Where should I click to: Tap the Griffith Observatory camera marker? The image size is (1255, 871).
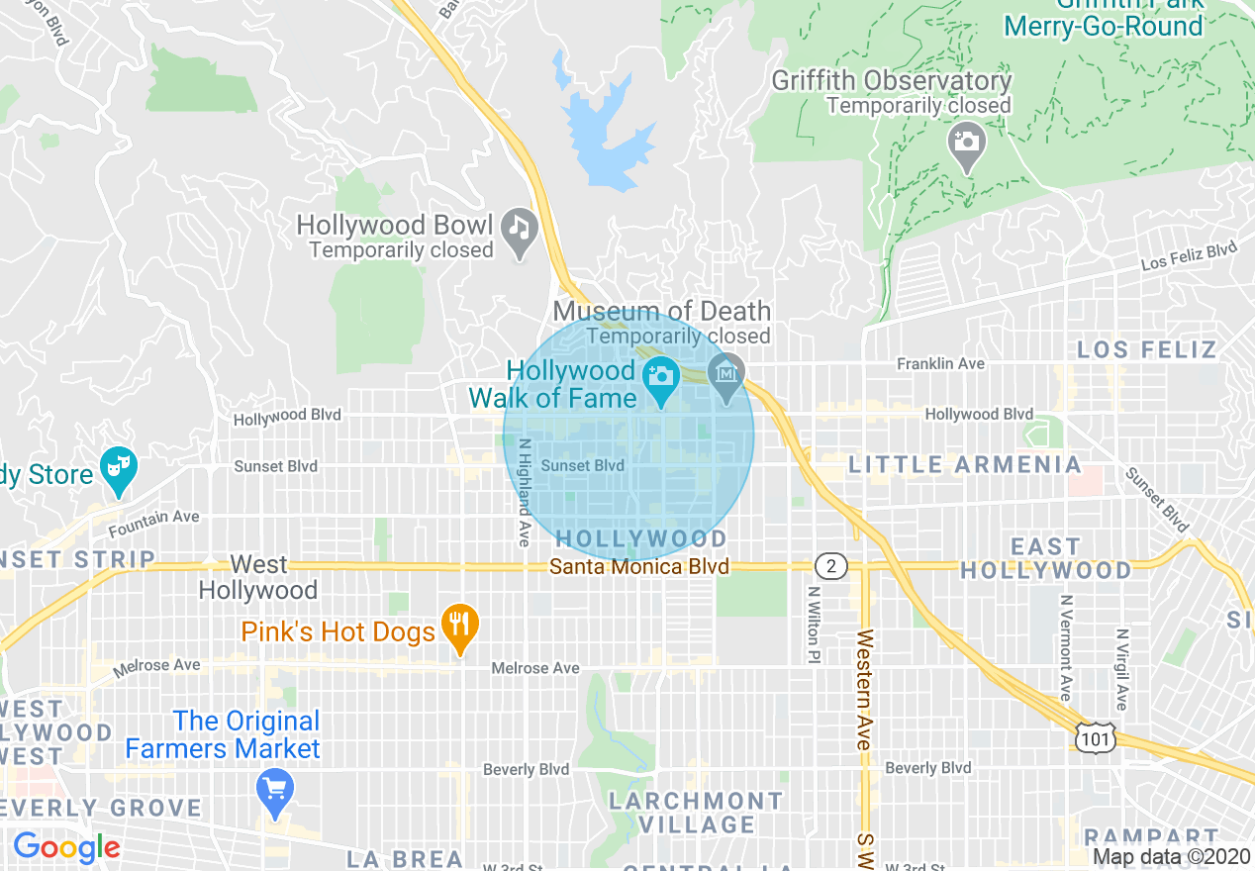966,142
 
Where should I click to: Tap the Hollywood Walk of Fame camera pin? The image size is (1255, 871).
659,377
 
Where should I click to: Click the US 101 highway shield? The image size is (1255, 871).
1098,737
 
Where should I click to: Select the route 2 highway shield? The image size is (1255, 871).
831,566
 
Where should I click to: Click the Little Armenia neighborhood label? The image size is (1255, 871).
965,464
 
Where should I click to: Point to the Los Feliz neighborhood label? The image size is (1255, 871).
1146,349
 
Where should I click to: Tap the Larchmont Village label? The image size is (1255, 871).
695,812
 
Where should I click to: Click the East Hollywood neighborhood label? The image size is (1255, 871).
1045,558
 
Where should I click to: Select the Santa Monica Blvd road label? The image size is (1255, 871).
639,567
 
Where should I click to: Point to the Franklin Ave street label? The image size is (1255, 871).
940,364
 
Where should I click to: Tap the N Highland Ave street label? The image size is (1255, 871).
525,492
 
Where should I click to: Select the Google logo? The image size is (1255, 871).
66,847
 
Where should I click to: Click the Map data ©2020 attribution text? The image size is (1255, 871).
1170,857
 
